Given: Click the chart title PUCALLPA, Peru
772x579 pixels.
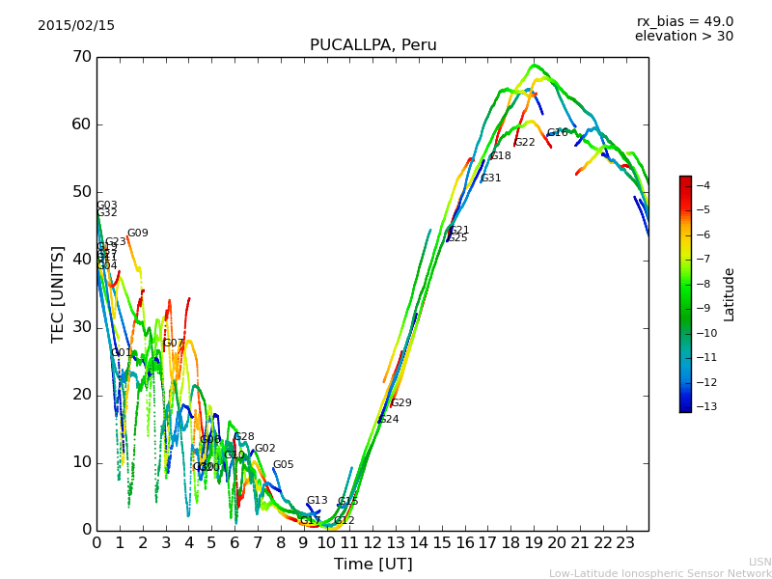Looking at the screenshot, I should (372, 45).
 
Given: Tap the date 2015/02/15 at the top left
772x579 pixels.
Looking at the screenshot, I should (76, 25).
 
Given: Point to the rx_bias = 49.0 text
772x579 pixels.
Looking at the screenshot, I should (684, 21).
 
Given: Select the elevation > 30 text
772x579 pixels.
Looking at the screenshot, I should (683, 37).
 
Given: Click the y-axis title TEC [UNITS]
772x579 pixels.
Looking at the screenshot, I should (58, 293).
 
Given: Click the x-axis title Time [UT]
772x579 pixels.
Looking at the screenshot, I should (372, 565).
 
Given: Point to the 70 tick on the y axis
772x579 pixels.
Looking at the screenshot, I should (81, 57).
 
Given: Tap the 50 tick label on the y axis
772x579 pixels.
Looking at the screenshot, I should (81, 192).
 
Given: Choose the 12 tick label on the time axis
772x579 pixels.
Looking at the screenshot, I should (372, 543).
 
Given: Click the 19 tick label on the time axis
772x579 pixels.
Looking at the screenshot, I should (534, 543).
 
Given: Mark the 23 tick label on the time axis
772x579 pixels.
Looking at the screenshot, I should (625, 543).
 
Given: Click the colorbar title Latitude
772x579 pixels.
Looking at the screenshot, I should (730, 294).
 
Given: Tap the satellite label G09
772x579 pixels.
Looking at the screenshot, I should (138, 234).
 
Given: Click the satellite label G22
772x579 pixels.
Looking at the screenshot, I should (524, 143).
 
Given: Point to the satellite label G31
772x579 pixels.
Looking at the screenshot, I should (491, 179).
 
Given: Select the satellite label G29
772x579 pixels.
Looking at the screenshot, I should (401, 403).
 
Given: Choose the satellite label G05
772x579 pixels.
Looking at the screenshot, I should (284, 465).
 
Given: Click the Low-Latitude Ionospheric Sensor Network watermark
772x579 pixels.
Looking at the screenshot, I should (660, 573).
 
